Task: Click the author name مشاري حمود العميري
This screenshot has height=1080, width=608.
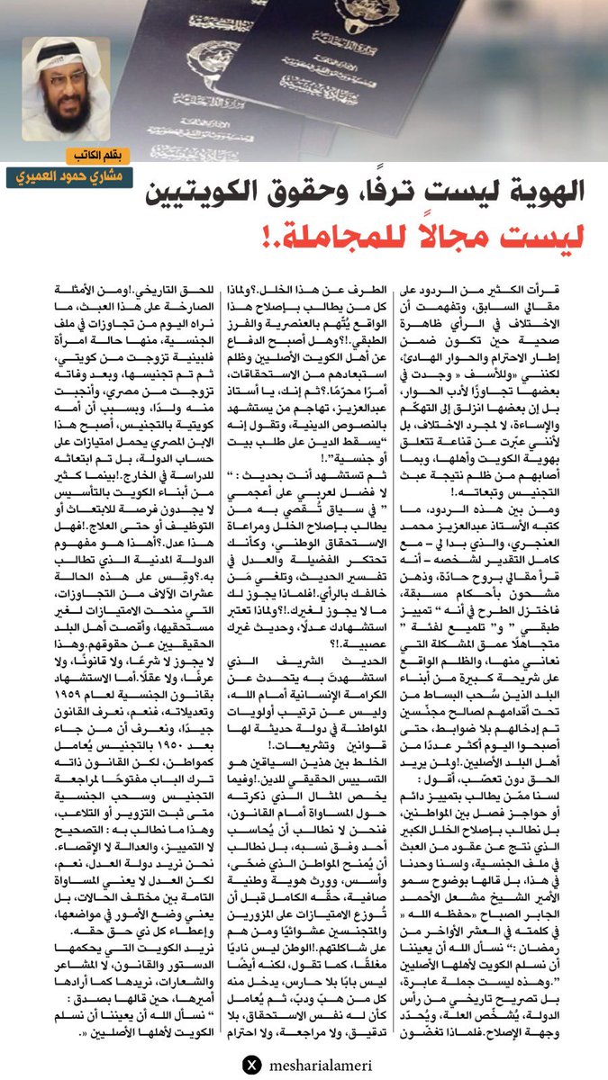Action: pos(75,175)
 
